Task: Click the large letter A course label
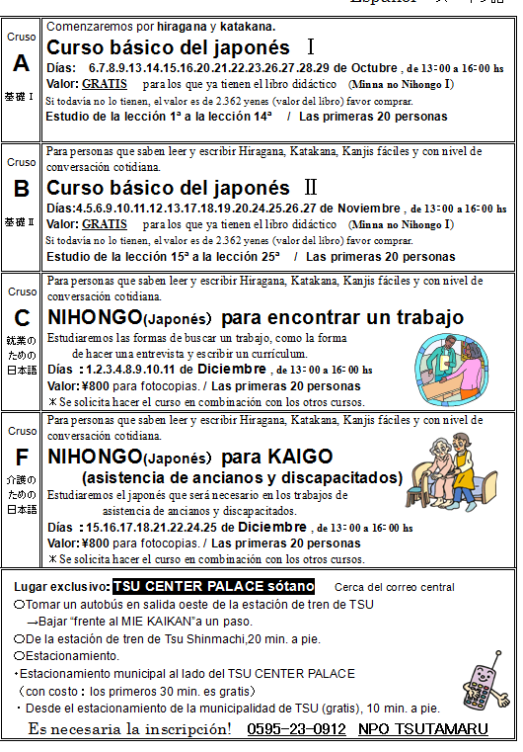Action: coord(21,63)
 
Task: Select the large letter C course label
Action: coord(21,318)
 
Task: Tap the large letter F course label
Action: coord(21,458)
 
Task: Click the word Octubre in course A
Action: coord(372,67)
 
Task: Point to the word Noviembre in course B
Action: coord(368,209)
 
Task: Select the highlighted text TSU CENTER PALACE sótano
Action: coord(214,586)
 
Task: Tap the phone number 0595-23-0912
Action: coord(296,729)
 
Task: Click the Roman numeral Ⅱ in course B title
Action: coord(310,188)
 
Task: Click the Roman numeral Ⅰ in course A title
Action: coord(310,47)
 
